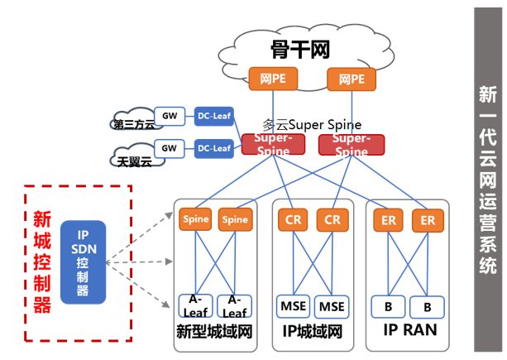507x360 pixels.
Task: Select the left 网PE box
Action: click(272, 79)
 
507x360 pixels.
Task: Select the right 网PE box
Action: click(351, 79)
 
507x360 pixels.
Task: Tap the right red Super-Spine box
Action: click(352, 144)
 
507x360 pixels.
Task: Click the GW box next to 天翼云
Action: click(170, 149)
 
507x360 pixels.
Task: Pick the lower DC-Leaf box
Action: click(214, 149)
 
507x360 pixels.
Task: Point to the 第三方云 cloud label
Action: click(133, 125)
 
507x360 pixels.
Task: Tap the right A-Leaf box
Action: click(235, 305)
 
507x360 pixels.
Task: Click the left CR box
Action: click(294, 220)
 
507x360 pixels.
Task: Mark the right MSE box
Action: click(332, 306)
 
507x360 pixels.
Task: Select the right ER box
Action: click(428, 220)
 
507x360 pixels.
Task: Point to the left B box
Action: click(388, 306)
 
